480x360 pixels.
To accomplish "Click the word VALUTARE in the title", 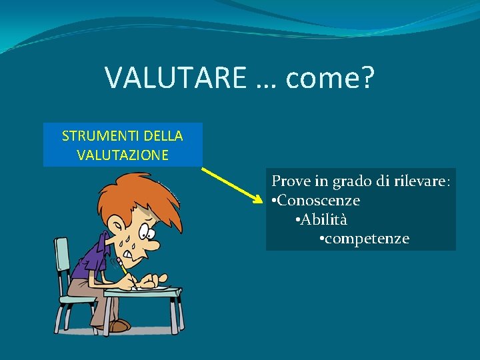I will pyautogui.click(x=175, y=78).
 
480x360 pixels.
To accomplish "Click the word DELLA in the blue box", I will pyautogui.click(x=162, y=136).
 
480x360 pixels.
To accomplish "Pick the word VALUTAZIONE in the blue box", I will pyautogui.click(x=123, y=155).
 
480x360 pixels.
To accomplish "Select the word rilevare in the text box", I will pyautogui.click(x=419, y=181).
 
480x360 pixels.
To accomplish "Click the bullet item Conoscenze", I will pyautogui.click(x=318, y=200).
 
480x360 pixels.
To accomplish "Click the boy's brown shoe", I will pyautogui.click(x=119, y=325).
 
